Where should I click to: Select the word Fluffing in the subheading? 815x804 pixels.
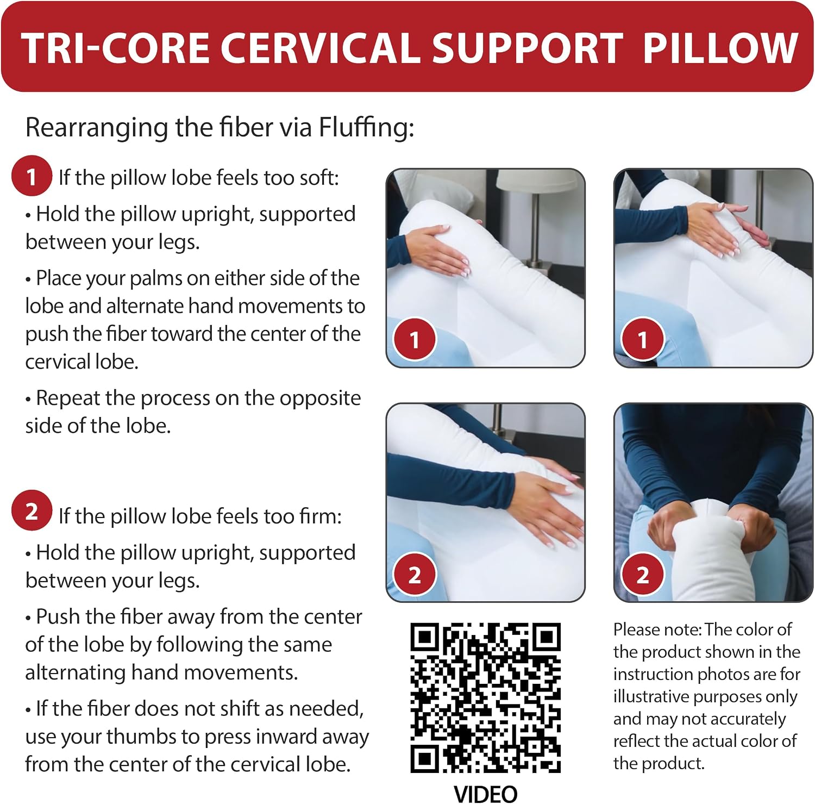366,128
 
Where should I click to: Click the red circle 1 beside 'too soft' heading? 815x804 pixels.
32,176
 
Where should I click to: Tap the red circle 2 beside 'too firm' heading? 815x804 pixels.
32,510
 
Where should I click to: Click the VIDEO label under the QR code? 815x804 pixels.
485,794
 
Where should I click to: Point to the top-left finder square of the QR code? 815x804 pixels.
424,637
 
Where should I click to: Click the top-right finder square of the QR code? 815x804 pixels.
547,637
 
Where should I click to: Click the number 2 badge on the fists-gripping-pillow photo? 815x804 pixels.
643,575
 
